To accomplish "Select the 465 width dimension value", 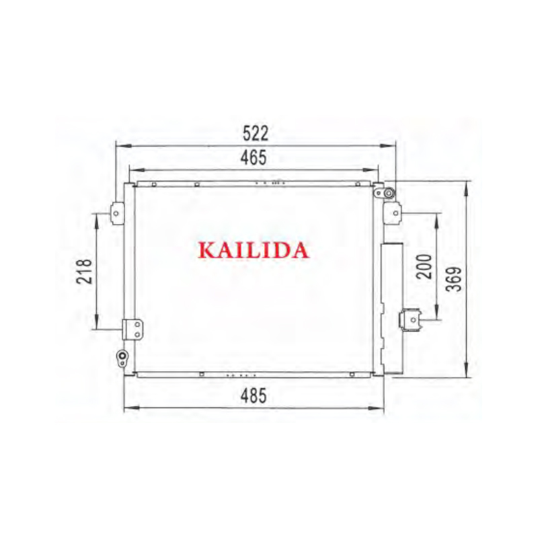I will pos(254,157).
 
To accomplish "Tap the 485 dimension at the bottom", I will pos(254,396).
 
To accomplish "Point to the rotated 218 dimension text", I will pos(85,272).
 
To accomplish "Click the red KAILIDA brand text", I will pos(254,250).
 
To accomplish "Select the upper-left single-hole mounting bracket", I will pos(116,213).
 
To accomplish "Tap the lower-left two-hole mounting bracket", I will pos(134,329).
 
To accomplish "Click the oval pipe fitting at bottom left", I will pos(122,356).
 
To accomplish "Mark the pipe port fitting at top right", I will pos(388,194).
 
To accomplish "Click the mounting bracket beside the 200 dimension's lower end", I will pos(410,319).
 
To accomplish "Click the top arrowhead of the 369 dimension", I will pos(466,184).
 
